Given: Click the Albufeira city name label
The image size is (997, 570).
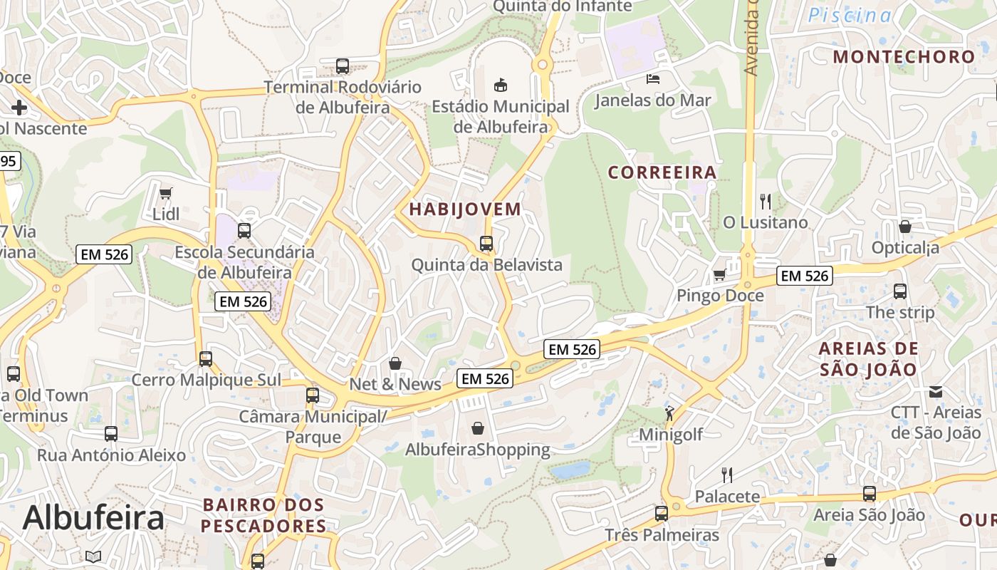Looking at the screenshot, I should coord(93,518).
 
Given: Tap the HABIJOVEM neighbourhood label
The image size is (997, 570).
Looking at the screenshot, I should coord(465,209).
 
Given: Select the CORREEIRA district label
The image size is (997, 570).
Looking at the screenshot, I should coord(662,172).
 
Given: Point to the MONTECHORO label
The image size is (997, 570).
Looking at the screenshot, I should coord(904,57).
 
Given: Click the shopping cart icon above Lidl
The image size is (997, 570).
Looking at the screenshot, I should coord(166,193).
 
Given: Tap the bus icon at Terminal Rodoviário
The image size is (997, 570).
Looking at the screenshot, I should coord(343,66).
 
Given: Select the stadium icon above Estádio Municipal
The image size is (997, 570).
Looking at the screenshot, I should coord(501,85).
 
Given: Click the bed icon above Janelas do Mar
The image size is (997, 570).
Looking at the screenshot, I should coord(653,78).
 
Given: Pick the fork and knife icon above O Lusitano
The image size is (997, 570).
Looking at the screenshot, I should coord(766,201).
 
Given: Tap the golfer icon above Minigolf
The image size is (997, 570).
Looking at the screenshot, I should coord(669,413).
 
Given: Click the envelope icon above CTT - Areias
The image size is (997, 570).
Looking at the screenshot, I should coord(936,391).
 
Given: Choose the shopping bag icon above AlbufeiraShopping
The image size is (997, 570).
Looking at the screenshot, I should coord(478,428).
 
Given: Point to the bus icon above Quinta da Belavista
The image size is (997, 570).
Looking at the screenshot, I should coord(486,244).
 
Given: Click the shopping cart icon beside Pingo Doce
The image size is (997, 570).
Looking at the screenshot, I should coord(720,274).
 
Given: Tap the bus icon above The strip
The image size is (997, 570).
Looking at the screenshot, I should coord(900,291).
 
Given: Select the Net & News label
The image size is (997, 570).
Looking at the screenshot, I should coord(395,384).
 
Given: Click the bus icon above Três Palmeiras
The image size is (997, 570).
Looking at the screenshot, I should coord(662,513).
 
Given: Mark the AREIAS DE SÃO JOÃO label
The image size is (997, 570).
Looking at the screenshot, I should coord(868,359).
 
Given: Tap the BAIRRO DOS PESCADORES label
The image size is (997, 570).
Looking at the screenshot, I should coord(263,515).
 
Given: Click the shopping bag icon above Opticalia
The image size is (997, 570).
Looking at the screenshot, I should coord(905,227).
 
